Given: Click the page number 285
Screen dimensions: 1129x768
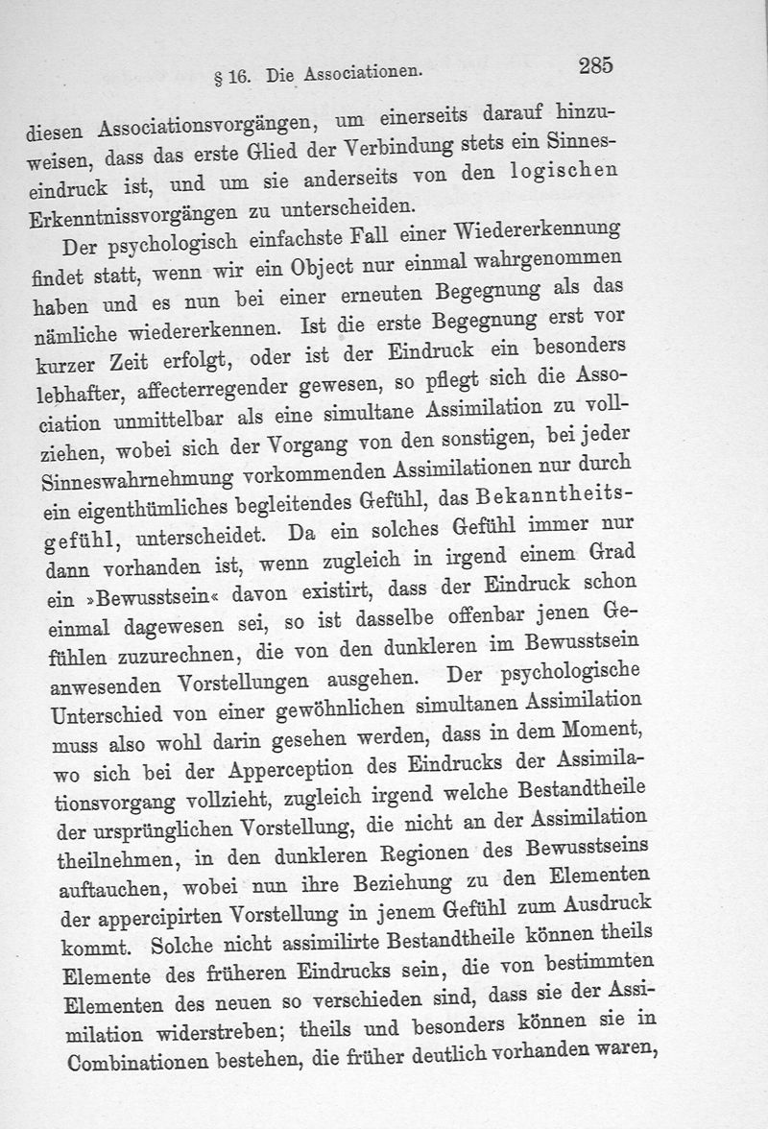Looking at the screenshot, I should tap(596, 66).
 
